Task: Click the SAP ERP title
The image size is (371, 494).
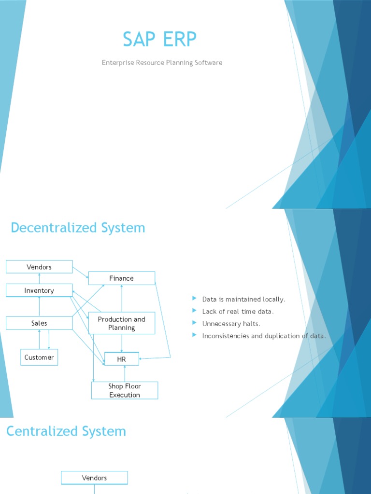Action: (159, 39)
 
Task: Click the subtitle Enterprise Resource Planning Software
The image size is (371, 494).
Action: (162, 63)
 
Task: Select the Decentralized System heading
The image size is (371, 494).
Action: (78, 228)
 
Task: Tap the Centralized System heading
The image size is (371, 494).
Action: (66, 431)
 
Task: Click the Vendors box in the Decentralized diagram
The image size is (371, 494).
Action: (39, 267)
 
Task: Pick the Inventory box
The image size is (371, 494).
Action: (39, 290)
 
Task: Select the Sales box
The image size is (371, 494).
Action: (39, 323)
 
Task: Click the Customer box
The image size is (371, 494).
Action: (39, 357)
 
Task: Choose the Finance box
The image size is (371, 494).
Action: (121, 278)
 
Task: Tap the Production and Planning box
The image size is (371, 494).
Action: (121, 323)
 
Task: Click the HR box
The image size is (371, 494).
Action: (121, 359)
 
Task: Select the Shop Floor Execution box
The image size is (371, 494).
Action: (125, 390)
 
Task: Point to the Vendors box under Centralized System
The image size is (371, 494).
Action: (94, 478)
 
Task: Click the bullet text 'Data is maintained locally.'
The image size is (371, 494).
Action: (243, 299)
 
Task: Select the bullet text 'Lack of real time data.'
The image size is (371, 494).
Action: (238, 312)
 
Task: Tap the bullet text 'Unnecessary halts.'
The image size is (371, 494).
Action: (231, 324)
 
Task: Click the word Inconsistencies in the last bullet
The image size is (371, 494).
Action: (226, 336)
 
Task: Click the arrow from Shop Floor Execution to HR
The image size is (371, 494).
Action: (125, 374)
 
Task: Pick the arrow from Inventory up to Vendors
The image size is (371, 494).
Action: (39, 278)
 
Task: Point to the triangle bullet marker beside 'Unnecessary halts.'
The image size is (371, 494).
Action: (194, 323)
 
